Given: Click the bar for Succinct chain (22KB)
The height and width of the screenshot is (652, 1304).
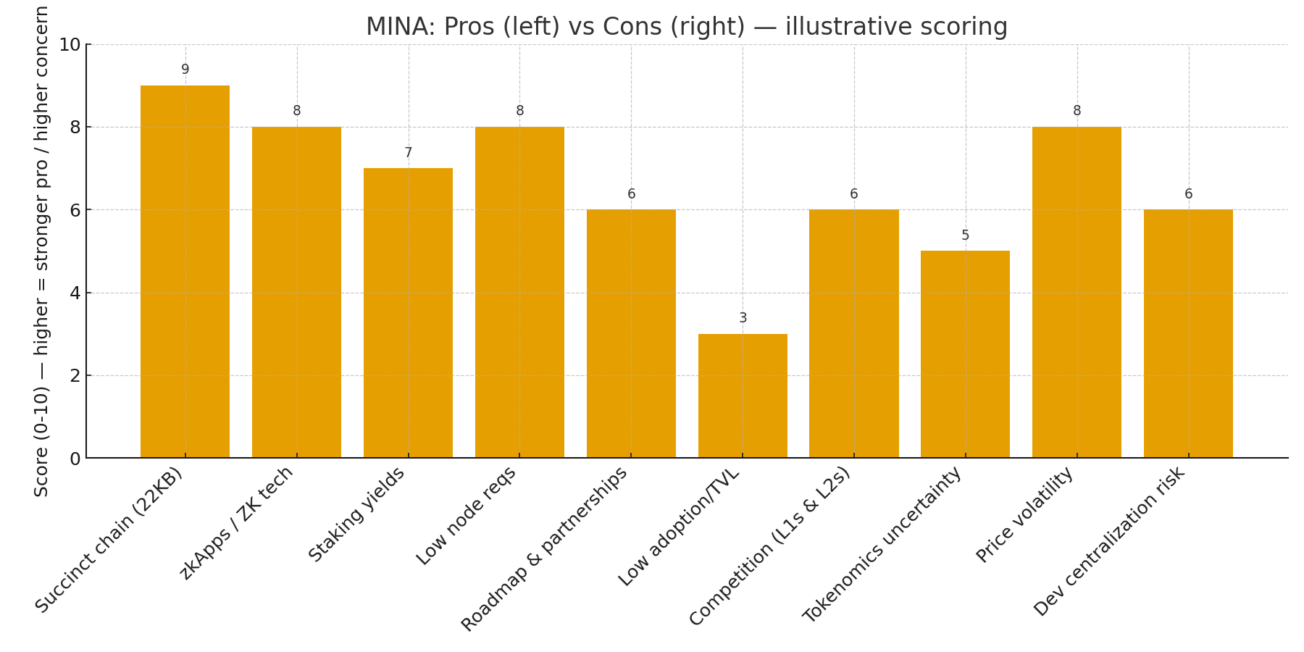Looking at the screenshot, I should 185,272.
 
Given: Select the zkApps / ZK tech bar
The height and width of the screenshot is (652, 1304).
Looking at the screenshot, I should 296,292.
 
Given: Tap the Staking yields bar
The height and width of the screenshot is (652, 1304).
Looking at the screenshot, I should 408,313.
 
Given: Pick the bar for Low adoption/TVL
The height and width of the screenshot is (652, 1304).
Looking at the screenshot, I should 743,396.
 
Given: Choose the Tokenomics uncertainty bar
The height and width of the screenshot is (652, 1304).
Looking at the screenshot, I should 965,354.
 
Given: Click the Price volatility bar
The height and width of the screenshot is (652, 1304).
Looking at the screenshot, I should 1077,292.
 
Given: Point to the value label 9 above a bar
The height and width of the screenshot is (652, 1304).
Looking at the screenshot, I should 185,70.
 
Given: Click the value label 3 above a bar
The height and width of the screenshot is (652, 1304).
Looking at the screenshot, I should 743,318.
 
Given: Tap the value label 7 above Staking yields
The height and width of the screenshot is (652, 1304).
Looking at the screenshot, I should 408,153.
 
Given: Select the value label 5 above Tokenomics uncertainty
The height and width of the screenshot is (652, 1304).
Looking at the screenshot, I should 965,235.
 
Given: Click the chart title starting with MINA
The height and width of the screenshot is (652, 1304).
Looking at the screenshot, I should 686,27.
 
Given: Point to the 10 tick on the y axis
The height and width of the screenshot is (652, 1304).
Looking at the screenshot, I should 70,45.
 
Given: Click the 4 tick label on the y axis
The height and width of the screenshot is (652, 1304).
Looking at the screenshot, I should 75,293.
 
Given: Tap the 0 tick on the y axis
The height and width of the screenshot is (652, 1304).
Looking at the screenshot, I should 75,459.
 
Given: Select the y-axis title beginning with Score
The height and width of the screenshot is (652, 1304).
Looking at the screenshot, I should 41,251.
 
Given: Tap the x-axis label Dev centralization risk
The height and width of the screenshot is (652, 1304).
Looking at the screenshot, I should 1109,541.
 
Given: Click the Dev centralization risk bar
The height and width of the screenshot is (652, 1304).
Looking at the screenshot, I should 1188,333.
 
